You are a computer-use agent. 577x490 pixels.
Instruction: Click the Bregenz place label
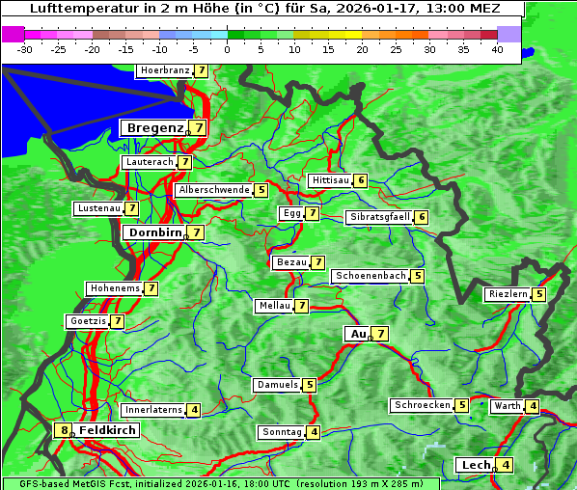click(153, 127)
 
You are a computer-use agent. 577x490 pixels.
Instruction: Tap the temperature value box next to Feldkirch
click(64, 430)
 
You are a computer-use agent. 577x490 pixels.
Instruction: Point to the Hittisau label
click(330, 180)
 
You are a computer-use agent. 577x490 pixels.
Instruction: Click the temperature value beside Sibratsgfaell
click(422, 217)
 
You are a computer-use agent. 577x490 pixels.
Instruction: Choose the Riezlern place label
click(508, 294)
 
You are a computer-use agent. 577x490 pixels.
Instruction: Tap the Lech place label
click(476, 465)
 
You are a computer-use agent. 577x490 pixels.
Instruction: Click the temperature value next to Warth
click(533, 406)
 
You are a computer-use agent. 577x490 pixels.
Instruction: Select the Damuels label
click(277, 385)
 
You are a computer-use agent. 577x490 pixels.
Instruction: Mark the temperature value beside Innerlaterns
click(194, 410)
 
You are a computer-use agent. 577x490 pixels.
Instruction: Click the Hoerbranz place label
click(164, 70)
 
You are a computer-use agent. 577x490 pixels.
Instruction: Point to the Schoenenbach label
click(371, 276)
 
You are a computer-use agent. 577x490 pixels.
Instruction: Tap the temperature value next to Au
click(381, 334)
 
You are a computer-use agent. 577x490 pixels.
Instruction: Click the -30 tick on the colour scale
click(25, 48)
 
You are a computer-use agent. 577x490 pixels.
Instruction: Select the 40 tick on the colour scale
click(497, 48)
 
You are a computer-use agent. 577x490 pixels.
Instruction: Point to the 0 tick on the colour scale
click(228, 48)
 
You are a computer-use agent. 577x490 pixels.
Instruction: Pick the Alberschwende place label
click(214, 190)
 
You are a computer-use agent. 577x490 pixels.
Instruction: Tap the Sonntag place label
click(282, 432)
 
